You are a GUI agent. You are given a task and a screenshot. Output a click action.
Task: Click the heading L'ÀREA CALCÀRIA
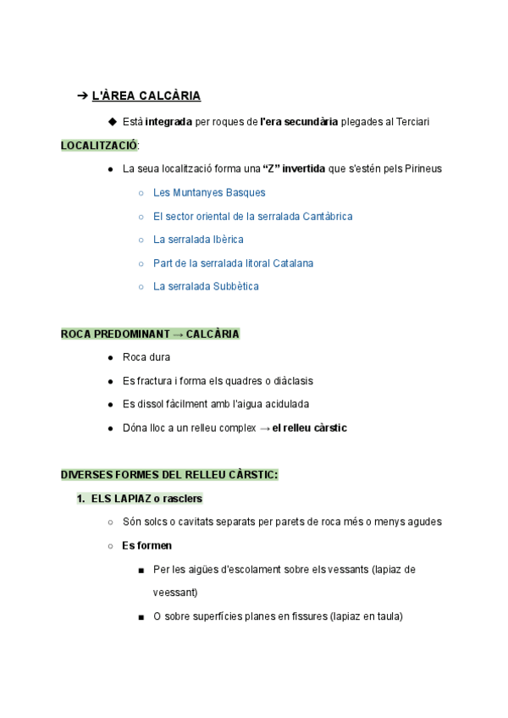146,97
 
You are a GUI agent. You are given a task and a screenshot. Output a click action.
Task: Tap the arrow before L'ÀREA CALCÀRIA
82,97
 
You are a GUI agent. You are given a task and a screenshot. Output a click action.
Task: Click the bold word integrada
168,123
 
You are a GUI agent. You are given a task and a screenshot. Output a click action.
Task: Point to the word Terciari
410,123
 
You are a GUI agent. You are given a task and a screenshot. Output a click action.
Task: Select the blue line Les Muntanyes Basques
209,193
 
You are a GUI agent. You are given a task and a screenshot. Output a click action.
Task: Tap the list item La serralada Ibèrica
198,240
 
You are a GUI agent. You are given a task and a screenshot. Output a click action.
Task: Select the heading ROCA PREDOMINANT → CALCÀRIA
150,334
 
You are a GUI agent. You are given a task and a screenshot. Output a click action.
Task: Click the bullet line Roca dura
146,357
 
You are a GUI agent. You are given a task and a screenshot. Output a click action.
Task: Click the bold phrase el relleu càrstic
309,428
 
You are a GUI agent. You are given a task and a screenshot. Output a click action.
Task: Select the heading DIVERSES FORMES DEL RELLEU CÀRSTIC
168,475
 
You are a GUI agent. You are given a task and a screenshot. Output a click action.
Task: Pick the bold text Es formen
146,546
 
